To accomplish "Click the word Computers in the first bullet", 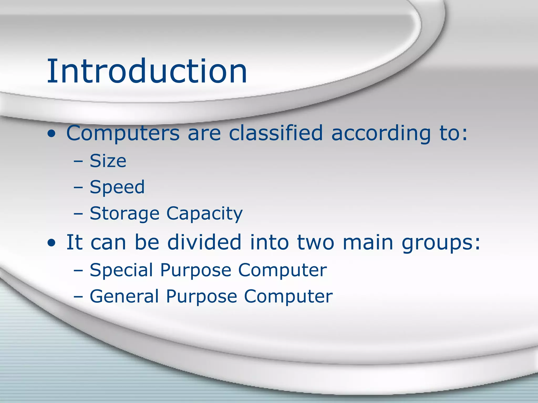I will click(123, 133).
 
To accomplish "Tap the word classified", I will click(276, 133).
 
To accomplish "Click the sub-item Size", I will click(108, 161).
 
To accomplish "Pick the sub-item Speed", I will click(117, 187).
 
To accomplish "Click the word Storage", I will click(125, 214).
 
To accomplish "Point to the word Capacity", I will click(204, 214).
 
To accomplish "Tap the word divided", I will click(204, 242).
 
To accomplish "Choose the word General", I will click(124, 296).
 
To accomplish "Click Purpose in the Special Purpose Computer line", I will click(195, 270).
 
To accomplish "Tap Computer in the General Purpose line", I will click(288, 296).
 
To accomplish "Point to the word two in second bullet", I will click(315, 242).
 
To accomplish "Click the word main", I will click(368, 242).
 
